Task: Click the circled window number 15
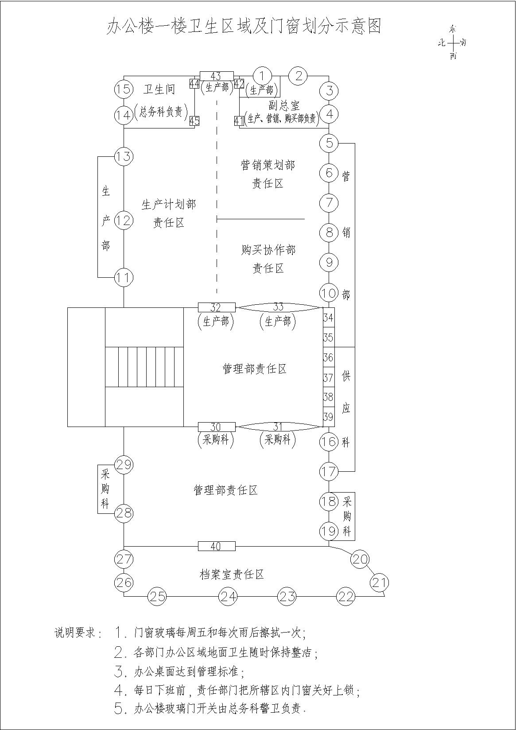(x=124, y=89)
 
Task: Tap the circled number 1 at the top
(x=262, y=76)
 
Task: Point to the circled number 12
(x=124, y=221)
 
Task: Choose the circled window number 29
(x=124, y=464)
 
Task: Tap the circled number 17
(x=329, y=471)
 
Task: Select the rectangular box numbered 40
(x=217, y=546)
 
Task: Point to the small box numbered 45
(x=194, y=121)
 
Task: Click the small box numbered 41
(x=239, y=121)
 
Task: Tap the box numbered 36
(x=329, y=357)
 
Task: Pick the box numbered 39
(x=329, y=416)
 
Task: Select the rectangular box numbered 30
(x=217, y=427)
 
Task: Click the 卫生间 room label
(x=159, y=89)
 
